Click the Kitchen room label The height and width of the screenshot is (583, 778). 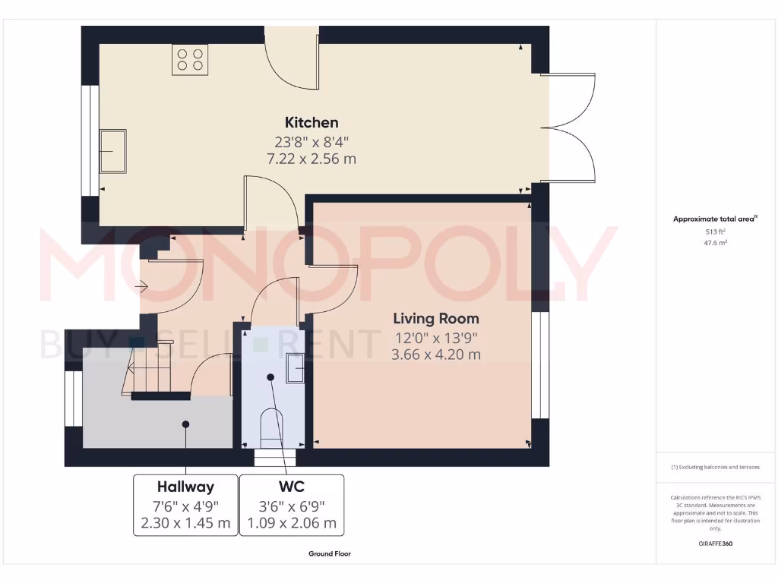[x=312, y=122]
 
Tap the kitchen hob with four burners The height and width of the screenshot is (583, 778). [x=190, y=59]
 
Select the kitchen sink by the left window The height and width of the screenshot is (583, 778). [x=113, y=151]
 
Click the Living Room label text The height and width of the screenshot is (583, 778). [x=435, y=319]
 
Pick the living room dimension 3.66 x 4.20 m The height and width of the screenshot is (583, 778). [x=435, y=355]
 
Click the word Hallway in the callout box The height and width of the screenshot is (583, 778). [x=185, y=487]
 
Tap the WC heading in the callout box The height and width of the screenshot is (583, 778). [x=292, y=487]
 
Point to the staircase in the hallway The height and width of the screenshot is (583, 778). [x=141, y=372]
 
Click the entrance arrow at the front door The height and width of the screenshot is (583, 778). [x=141, y=286]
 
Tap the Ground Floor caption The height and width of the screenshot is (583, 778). [x=330, y=554]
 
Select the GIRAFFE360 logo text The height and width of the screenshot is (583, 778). [x=716, y=544]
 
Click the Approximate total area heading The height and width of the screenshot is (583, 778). [x=715, y=219]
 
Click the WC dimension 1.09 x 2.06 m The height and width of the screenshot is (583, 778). [x=292, y=523]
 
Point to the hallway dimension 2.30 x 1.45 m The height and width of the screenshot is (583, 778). [x=185, y=523]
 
